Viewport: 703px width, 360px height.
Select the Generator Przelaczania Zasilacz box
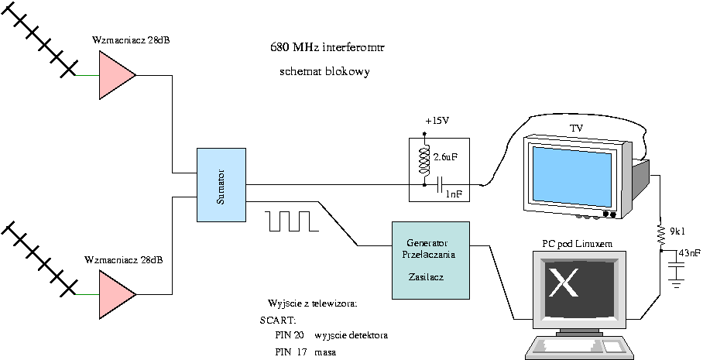431,260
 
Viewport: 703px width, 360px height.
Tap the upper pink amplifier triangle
114,75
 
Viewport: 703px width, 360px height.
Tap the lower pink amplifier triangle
114,294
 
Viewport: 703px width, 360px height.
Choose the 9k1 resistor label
678,231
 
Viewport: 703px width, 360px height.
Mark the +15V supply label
437,122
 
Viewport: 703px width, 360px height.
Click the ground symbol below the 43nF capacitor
677,283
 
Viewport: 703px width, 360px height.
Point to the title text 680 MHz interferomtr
327,48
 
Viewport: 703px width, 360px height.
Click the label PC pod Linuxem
577,244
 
